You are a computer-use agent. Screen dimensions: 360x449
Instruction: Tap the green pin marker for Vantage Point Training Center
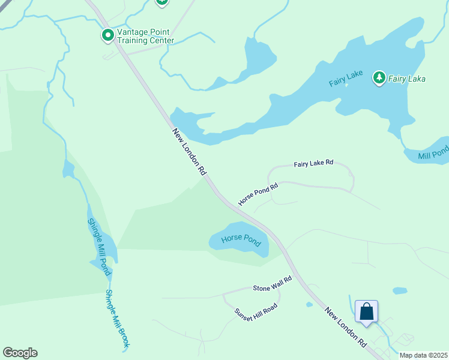tap(108, 36)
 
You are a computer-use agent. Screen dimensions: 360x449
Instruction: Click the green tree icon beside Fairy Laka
tap(379, 77)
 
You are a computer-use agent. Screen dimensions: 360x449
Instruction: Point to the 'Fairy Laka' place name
tap(406, 79)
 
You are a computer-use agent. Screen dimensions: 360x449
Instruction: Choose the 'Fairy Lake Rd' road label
tap(313, 164)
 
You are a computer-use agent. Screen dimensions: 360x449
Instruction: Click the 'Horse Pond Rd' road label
tap(258, 194)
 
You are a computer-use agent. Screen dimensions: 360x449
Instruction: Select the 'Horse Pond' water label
tap(241, 239)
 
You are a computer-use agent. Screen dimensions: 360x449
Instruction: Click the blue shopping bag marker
tap(366, 312)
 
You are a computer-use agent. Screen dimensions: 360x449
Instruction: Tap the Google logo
tap(20, 353)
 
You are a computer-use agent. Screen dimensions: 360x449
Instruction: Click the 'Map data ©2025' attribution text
tap(423, 355)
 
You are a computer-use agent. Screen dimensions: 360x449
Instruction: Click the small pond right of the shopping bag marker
tap(400, 291)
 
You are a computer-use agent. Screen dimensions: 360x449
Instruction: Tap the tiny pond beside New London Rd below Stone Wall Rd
tap(309, 304)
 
